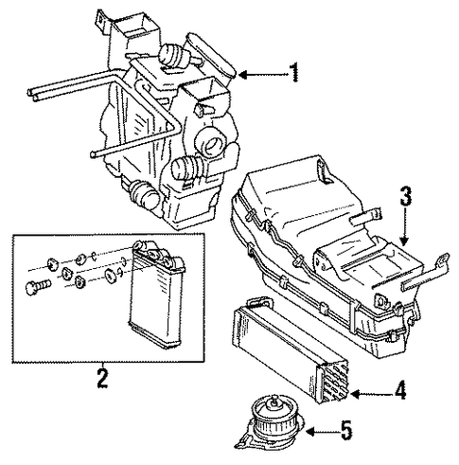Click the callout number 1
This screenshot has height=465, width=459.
pyautogui.click(x=294, y=72)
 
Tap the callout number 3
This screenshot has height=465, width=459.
pyautogui.click(x=406, y=196)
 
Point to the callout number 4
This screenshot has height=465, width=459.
pyautogui.click(x=400, y=390)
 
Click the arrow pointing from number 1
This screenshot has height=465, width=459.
pyautogui.click(x=264, y=75)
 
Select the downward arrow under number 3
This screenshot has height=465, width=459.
pyautogui.click(x=405, y=226)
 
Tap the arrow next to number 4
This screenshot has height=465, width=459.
pyautogui.click(x=372, y=394)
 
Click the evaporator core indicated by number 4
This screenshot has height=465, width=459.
pyautogui.click(x=291, y=349)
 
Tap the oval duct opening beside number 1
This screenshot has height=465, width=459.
pyautogui.click(x=211, y=54)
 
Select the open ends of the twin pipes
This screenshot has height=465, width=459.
pyautogui.click(x=32, y=94)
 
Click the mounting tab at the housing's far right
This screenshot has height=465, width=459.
pyautogui.click(x=442, y=261)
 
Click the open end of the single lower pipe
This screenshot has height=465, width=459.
pyautogui.click(x=93, y=154)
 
